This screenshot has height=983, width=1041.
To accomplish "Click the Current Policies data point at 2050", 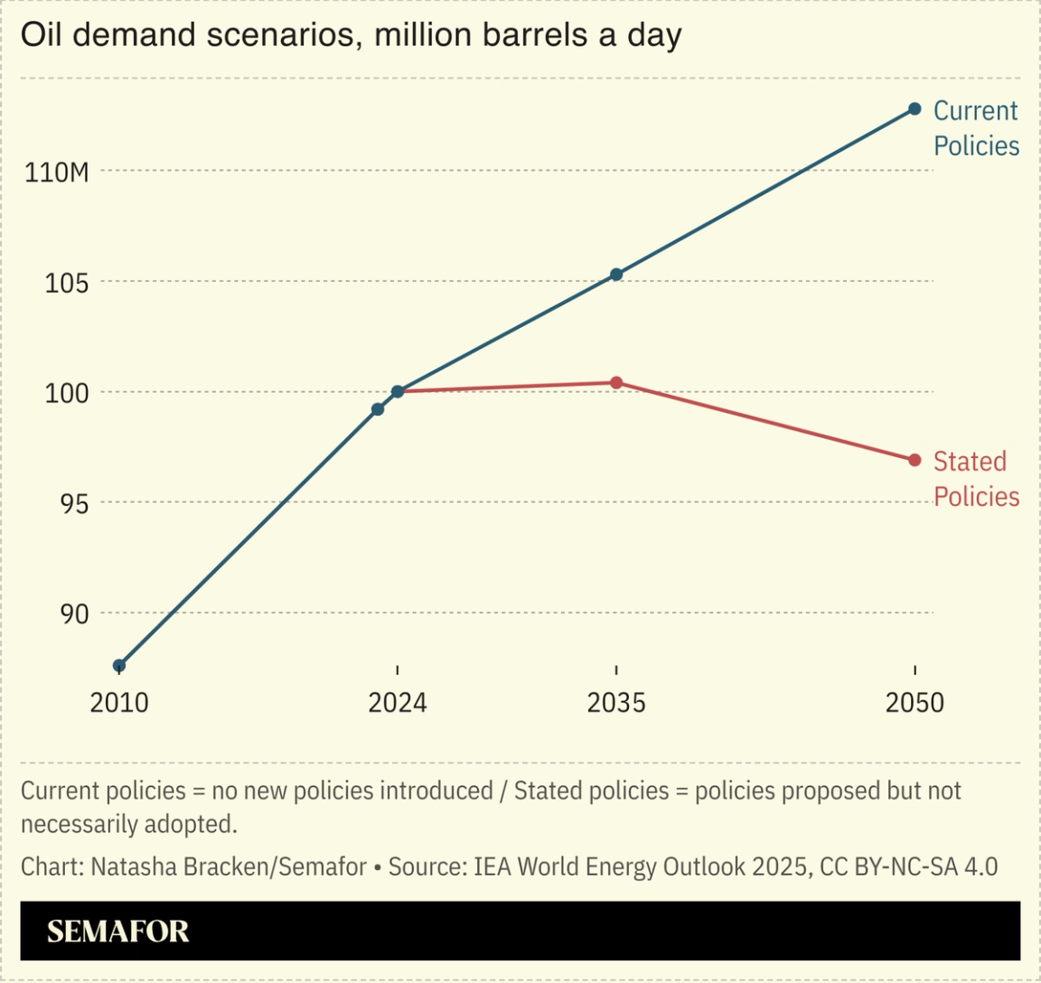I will (x=914, y=109).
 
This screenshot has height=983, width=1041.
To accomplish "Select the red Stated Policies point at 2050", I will (x=914, y=460).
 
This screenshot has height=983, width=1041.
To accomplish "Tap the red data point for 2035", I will (x=616, y=383).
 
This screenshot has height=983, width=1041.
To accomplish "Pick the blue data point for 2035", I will (x=616, y=274).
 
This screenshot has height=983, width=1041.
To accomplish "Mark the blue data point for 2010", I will (x=119, y=666).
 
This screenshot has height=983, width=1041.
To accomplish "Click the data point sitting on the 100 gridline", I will (x=398, y=391).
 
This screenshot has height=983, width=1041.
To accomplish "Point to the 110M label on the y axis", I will (x=57, y=172).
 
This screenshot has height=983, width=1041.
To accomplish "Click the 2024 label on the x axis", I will (x=398, y=703).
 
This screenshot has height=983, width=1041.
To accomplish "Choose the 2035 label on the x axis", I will (x=616, y=703).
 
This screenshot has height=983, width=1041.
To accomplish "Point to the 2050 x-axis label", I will (x=914, y=703).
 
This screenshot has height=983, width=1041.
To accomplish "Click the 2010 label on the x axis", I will (x=119, y=703).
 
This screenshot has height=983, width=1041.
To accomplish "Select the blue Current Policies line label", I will (x=976, y=128).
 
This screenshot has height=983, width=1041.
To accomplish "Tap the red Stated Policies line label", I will (x=976, y=479).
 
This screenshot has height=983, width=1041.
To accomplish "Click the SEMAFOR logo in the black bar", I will (x=118, y=932).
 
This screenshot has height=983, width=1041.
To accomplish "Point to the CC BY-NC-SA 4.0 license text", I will (x=908, y=866).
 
